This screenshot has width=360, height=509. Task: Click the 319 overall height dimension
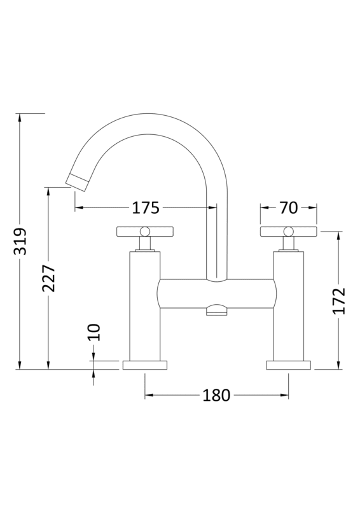point(21,242)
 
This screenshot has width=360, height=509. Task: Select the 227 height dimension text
point(50,279)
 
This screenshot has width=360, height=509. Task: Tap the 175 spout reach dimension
point(145,207)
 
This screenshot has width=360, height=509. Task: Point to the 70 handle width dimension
point(288,207)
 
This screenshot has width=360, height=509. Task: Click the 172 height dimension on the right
point(338,300)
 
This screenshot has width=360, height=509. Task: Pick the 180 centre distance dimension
point(216,395)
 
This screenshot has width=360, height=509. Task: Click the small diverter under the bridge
point(218,310)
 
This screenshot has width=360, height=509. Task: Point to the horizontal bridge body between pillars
point(216,293)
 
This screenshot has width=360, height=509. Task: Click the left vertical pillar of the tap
point(144,305)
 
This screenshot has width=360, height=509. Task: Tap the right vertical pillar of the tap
point(288,305)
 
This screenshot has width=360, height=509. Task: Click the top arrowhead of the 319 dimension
point(21,118)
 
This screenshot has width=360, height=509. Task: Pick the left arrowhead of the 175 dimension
point(79,207)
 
